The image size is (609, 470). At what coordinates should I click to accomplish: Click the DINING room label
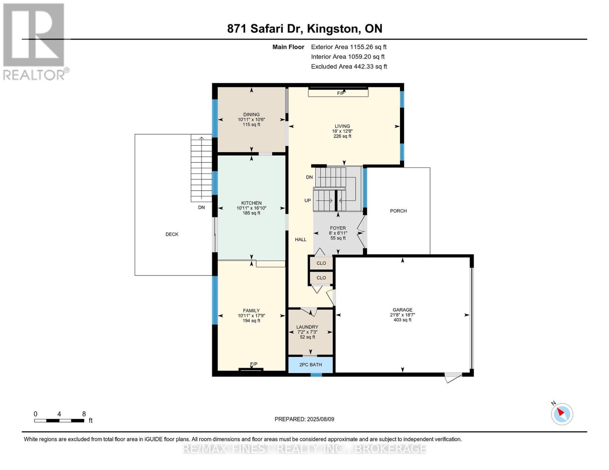click(x=251, y=114)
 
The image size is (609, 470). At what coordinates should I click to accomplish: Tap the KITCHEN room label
click(x=251, y=203)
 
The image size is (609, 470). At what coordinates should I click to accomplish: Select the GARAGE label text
click(x=402, y=310)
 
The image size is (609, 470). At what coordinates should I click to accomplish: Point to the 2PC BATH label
click(x=311, y=365)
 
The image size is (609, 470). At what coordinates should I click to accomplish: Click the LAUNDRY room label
click(x=307, y=327)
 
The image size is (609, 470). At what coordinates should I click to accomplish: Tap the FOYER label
click(x=338, y=228)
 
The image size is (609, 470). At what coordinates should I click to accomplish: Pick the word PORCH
click(x=398, y=211)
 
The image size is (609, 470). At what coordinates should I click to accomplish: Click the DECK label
click(x=172, y=234)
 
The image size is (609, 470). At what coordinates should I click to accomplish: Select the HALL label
click(x=300, y=240)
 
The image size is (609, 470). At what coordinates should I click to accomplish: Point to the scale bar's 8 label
click(x=84, y=414)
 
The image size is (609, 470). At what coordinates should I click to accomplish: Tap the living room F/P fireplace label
click(x=340, y=93)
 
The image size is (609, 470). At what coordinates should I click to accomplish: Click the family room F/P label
click(x=254, y=364)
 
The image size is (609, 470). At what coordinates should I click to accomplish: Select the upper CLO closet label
click(x=321, y=263)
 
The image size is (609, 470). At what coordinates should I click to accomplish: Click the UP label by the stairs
click(x=307, y=201)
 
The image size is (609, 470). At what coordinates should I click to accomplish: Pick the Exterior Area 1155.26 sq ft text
click(x=349, y=47)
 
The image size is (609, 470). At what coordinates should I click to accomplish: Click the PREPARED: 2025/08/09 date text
click(x=304, y=419)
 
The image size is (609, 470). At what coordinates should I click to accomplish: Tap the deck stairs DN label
click(x=201, y=208)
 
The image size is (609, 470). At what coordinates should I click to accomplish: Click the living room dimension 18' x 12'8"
click(x=342, y=131)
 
